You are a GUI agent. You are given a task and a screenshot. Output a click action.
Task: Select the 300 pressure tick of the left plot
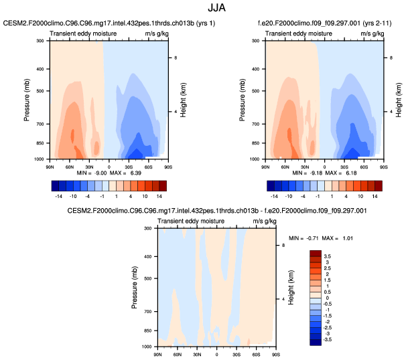[x=40, y=41]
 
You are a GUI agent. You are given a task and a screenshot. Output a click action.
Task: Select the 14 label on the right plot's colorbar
[x=375, y=197]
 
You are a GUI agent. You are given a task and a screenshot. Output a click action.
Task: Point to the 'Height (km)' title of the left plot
[x=182, y=100]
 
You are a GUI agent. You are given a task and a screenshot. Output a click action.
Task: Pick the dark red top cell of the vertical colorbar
[x=318, y=254]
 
